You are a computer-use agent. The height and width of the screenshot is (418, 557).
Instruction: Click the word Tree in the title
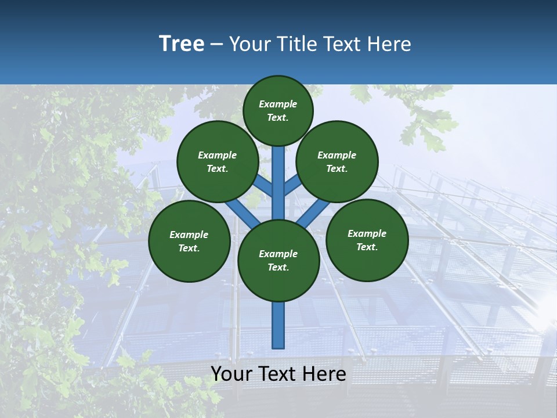(x=182, y=44)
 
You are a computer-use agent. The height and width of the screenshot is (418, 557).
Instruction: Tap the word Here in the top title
(x=389, y=44)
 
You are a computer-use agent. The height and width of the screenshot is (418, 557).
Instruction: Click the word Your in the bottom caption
(x=231, y=374)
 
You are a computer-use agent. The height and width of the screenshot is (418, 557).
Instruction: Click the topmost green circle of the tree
(x=278, y=110)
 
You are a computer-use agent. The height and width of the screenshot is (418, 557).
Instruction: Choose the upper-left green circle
(x=217, y=161)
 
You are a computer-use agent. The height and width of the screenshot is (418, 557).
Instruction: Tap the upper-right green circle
(x=337, y=161)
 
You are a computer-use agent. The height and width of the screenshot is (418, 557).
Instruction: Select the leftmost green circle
(x=189, y=241)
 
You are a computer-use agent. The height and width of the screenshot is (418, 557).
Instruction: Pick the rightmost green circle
(x=367, y=240)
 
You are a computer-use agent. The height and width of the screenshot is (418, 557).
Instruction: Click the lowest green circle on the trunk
(x=278, y=261)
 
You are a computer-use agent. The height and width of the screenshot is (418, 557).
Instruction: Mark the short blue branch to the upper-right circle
(x=292, y=186)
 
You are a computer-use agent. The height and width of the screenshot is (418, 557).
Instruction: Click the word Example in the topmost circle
(x=278, y=104)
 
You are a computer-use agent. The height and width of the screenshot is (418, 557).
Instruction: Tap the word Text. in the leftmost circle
(x=189, y=248)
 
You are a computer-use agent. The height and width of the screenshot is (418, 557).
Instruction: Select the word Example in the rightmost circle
(x=367, y=233)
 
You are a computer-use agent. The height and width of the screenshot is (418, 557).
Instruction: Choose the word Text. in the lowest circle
(x=278, y=267)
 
